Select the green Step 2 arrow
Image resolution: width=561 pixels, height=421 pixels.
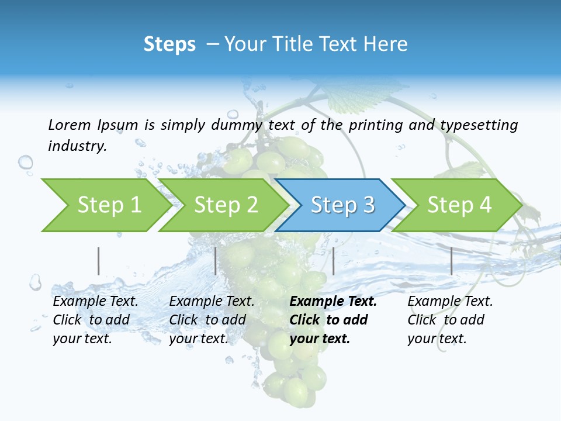226,205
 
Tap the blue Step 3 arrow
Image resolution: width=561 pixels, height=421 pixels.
342,205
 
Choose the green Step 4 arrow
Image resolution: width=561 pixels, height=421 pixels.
459,205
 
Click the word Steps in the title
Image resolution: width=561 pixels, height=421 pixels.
169,44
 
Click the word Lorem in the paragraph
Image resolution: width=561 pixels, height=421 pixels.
70,125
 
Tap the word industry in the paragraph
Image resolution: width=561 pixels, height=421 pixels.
77,146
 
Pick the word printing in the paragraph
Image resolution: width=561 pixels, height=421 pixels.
376,125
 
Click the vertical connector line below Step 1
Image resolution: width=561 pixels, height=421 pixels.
98,261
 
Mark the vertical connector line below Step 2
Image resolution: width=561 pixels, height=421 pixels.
216,261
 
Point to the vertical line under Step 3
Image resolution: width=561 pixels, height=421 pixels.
333,261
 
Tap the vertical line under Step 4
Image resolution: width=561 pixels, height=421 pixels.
451,261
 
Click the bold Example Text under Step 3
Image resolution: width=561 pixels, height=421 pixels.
333,302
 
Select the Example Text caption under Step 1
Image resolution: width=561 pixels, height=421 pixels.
95,302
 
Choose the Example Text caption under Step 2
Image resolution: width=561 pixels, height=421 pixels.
212,302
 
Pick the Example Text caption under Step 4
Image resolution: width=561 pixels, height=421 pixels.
450,302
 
